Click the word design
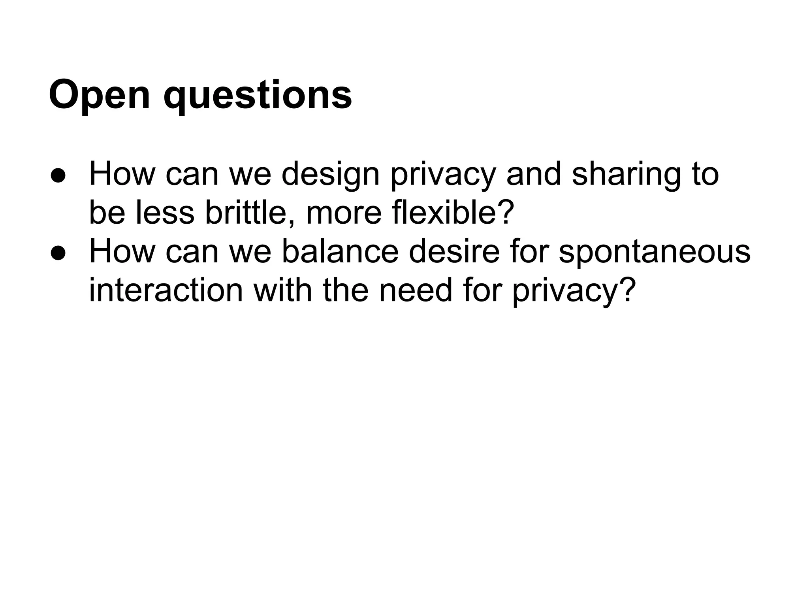click(330, 175)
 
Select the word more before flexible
click(344, 213)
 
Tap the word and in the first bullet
click(534, 175)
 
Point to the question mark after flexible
click(506, 213)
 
